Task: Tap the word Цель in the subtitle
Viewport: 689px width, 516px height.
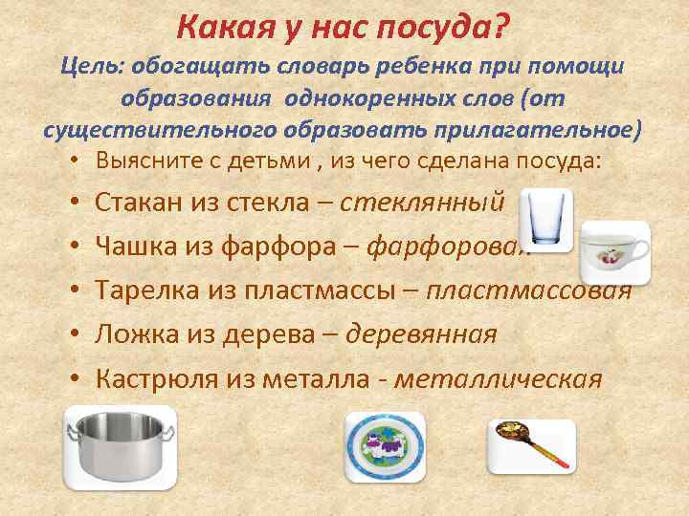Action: (92, 67)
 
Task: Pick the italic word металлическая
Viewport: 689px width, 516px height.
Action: (498, 379)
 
